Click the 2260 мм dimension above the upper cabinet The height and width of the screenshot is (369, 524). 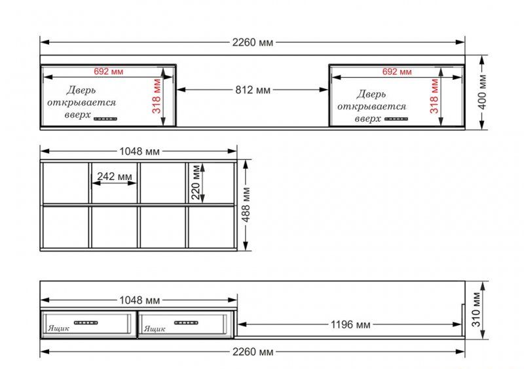[x=253, y=43]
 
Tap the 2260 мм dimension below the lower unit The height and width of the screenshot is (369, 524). [x=253, y=351]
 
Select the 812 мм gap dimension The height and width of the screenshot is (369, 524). [x=253, y=90]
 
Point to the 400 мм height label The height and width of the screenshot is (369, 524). [x=482, y=92]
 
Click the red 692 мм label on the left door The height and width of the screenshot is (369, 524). [x=108, y=71]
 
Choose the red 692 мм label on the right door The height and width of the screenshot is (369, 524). [x=397, y=71]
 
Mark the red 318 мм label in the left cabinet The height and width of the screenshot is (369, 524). [x=157, y=96]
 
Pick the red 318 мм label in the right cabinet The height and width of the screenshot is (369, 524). [x=434, y=96]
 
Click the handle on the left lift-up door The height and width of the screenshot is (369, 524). [x=105, y=118]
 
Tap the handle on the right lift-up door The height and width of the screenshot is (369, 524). [x=396, y=119]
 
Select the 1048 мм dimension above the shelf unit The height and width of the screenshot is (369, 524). [x=140, y=152]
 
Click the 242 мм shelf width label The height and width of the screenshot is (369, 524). [x=115, y=176]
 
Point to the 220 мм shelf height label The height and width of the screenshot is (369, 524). [x=195, y=182]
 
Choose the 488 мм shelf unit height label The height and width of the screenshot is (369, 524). [x=246, y=205]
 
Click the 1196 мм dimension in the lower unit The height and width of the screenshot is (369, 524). [x=350, y=325]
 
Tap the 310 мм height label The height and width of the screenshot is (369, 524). [x=476, y=309]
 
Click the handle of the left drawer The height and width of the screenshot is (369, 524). [x=86, y=323]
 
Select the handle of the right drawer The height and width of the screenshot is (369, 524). [x=186, y=323]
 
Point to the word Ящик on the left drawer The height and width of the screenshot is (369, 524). [x=59, y=328]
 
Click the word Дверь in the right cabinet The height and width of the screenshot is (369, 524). [x=371, y=94]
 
